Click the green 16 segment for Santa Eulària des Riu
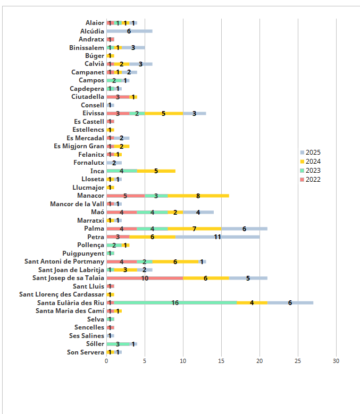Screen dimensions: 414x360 tap(175, 303)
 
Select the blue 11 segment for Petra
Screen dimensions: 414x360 tap(217, 237)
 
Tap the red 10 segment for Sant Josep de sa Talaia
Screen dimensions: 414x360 tap(145, 278)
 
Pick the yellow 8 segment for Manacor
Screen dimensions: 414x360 tap(198, 196)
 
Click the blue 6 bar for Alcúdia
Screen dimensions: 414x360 tap(129, 31)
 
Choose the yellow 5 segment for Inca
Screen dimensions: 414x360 tap(156, 171)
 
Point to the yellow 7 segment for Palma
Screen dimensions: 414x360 tap(195, 229)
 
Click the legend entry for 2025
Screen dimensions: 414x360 tap(313, 153)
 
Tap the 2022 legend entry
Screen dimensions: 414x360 tap(313, 180)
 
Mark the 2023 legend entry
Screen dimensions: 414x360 tap(313, 171)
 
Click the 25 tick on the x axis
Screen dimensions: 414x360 tap(298, 361)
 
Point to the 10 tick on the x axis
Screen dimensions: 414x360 tap(183, 361)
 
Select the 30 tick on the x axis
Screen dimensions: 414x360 tap(336, 361)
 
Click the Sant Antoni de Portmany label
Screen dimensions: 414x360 tap(64, 261)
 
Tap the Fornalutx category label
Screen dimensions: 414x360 tap(89, 163)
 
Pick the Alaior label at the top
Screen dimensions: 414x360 tap(95, 23)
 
